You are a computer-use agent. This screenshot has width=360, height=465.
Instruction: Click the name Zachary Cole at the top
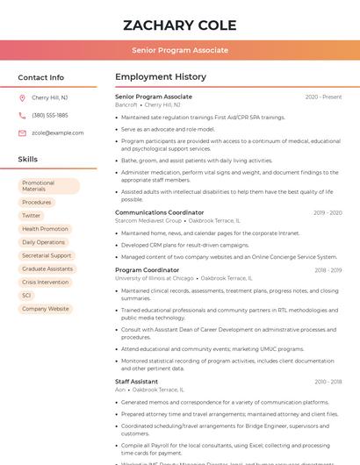(180, 23)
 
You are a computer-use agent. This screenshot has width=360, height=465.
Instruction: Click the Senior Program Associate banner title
(180, 50)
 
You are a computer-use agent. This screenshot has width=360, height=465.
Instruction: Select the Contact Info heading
(41, 77)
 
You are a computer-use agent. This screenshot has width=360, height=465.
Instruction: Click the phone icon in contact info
(22, 115)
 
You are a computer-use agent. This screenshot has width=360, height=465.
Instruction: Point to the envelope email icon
(22, 132)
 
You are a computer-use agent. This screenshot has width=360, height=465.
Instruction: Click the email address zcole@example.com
(57, 132)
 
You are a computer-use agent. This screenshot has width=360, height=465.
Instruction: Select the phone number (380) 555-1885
(50, 115)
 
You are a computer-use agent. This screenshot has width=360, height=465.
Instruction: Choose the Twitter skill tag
(32, 215)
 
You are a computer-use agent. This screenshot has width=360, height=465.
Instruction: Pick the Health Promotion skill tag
(45, 228)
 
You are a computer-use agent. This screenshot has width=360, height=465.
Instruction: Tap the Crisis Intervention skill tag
(45, 282)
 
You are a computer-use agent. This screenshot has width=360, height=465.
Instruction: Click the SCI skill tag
(26, 295)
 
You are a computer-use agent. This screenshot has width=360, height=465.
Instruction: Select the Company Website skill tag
(46, 309)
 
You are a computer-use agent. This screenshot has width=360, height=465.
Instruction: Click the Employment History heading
(161, 77)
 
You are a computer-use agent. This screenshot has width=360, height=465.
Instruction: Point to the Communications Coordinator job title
(159, 212)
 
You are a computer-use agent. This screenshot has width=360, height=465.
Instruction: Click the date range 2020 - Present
(323, 97)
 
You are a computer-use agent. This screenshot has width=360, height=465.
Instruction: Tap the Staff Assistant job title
(136, 382)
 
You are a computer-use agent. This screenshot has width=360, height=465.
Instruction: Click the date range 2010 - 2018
(328, 382)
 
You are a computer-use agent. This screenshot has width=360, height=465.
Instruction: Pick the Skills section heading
(28, 159)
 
